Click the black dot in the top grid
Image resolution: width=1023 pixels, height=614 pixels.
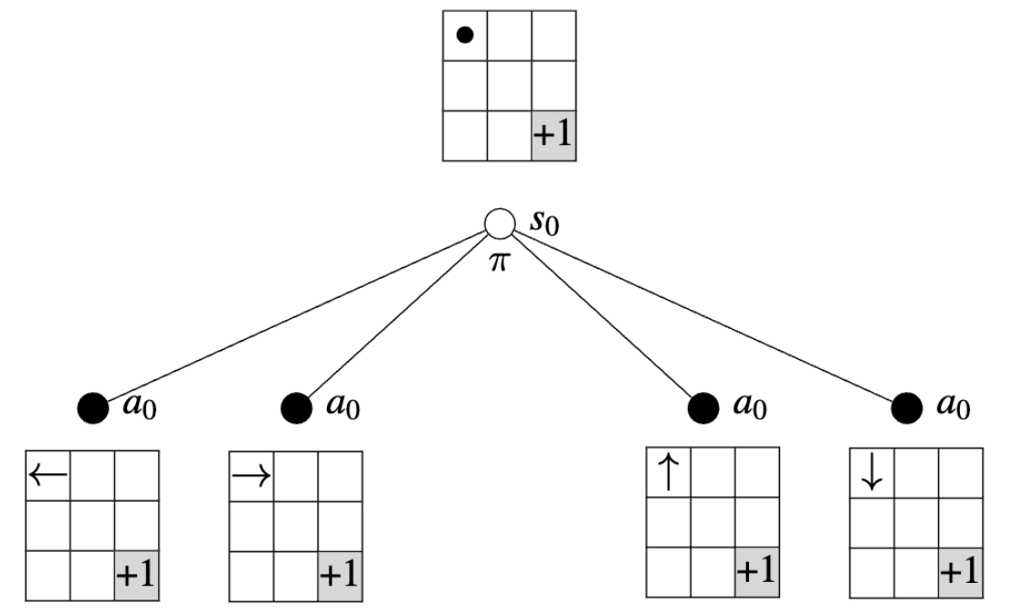pos(464,36)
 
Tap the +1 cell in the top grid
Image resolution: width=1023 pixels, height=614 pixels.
pos(553,139)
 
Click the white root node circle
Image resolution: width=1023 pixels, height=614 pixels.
pos(500,224)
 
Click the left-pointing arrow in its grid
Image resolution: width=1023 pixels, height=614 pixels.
pos(47,473)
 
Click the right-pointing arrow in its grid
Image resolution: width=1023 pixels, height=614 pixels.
pos(251,474)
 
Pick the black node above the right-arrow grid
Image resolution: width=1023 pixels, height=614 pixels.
pos(295,406)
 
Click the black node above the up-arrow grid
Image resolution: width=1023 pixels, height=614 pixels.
pos(702,406)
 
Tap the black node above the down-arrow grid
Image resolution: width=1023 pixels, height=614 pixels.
pos(906,406)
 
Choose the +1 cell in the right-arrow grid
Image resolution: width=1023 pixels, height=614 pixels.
pos(340,577)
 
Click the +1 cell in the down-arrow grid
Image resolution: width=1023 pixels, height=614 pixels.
pos(960,572)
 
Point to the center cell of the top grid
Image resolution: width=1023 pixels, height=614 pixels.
pos(509,87)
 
